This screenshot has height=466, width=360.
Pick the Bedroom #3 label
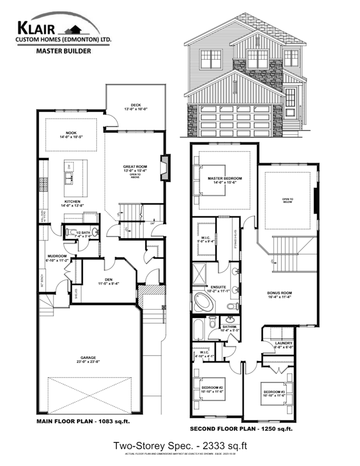click(x=273, y=392)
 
